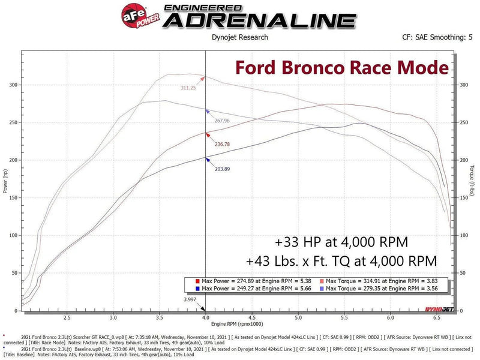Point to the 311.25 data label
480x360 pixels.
click(188, 88)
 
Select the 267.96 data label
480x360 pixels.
click(222, 121)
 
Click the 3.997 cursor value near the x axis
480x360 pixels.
click(190, 298)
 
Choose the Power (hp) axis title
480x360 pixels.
click(5, 181)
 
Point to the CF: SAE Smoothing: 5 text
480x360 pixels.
click(437, 37)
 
